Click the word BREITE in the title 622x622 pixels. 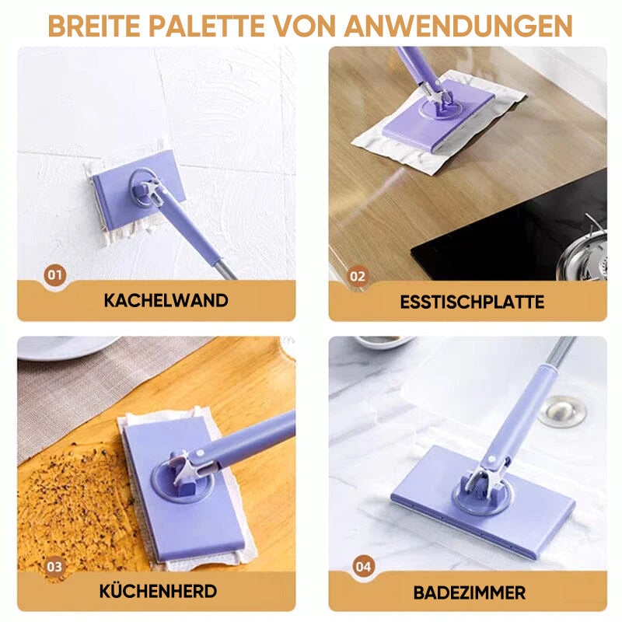point(94,26)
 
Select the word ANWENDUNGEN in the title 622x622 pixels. point(458,26)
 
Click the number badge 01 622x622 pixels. point(55,275)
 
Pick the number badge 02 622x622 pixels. point(358,276)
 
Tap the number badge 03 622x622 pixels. point(54,566)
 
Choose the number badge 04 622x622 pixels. point(363,566)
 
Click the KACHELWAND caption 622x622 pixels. point(166,300)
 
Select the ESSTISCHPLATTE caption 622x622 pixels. point(472,302)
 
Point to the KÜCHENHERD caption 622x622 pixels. point(158,591)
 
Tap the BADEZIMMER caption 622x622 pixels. point(470,592)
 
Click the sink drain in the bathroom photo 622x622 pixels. point(562,412)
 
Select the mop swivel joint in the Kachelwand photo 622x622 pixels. point(150,190)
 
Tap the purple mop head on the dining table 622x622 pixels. point(439,116)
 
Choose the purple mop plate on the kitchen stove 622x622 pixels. point(183,488)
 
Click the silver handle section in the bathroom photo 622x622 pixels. point(560,351)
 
